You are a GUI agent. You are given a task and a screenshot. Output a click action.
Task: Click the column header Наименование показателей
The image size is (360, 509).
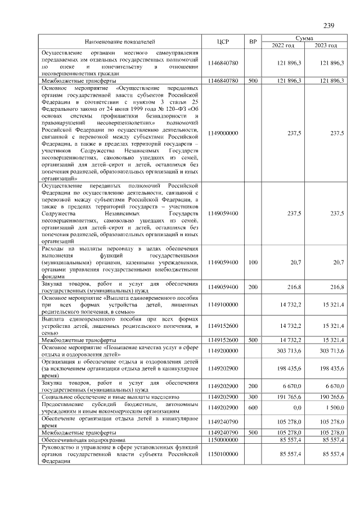(x=119, y=42)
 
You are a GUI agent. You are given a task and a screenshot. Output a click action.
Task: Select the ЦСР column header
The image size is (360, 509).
(x=223, y=42)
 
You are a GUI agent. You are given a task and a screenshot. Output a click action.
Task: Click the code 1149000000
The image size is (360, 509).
(x=223, y=133)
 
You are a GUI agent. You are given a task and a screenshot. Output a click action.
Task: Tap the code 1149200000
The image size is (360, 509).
(x=223, y=350)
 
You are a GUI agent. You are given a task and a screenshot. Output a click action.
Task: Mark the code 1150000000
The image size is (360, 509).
(x=223, y=439)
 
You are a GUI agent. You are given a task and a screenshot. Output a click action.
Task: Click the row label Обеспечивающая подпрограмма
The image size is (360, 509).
(x=77, y=439)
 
